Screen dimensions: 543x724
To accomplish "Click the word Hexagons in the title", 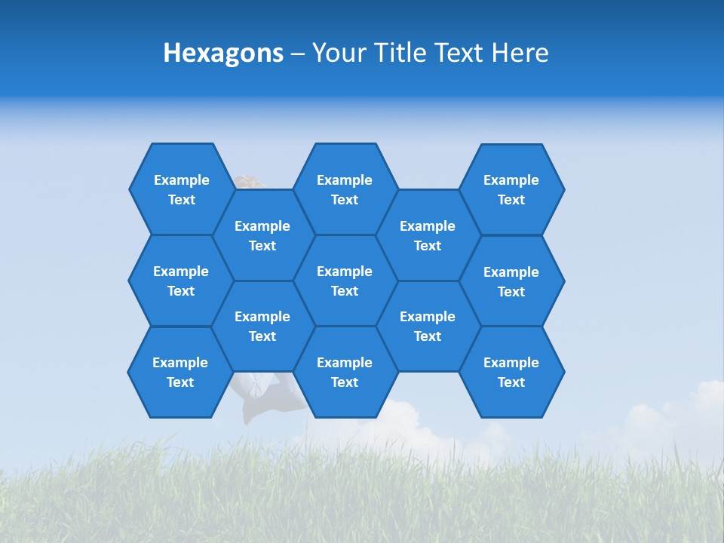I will (x=223, y=53).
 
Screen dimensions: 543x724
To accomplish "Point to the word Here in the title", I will (x=520, y=53).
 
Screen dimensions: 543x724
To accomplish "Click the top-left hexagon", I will (x=181, y=189).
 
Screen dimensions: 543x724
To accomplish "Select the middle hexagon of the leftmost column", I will (x=181, y=281).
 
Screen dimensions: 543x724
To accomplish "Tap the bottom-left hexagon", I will (x=180, y=372).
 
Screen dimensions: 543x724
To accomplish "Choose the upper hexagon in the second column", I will (x=262, y=235).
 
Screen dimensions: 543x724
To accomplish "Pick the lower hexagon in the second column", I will (x=262, y=326).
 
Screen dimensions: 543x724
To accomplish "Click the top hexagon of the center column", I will (x=345, y=189).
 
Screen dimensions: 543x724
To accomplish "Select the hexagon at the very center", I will (x=345, y=281).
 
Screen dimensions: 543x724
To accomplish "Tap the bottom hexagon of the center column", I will (x=345, y=372).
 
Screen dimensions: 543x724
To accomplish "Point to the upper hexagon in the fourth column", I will (x=428, y=235).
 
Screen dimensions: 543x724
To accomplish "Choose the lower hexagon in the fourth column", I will (x=428, y=326).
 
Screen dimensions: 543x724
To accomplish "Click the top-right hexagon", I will (x=511, y=189).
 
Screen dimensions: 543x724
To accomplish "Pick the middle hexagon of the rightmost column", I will (x=511, y=281).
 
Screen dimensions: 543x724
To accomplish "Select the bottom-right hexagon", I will (x=511, y=372).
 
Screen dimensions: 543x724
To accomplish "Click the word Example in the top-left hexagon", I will (x=181, y=180).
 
